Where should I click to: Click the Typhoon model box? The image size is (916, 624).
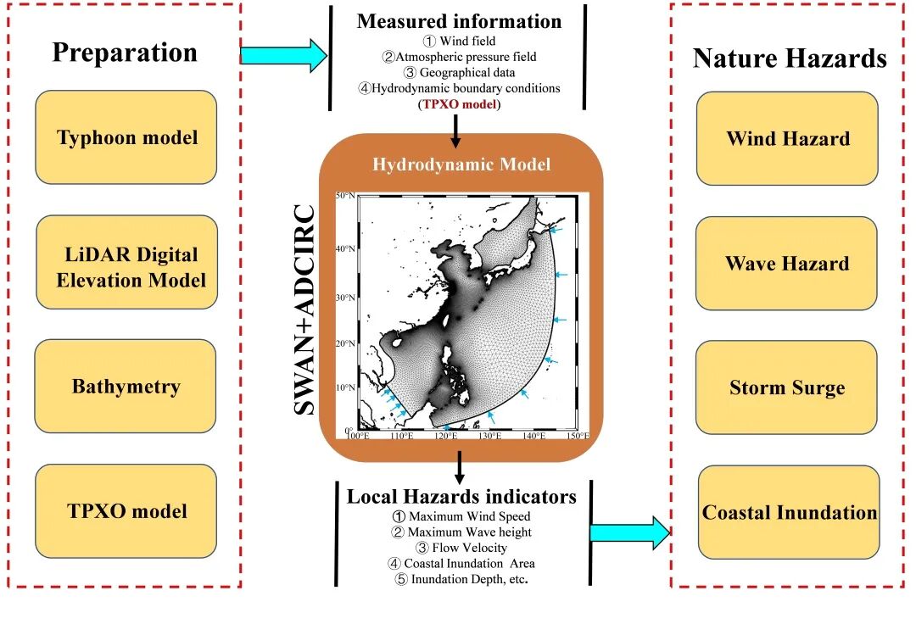[126, 137]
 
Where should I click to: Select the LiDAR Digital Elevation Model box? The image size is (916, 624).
[126, 262]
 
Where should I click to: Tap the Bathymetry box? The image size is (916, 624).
[126, 387]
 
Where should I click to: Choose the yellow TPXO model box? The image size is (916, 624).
[126, 511]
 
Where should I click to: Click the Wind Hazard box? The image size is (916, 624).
[787, 138]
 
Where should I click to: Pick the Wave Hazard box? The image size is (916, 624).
[787, 263]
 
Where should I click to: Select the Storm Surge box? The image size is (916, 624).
[787, 387]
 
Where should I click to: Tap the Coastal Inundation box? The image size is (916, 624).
[789, 512]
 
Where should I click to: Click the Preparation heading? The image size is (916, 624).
[125, 53]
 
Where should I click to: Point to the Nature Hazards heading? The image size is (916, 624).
[790, 58]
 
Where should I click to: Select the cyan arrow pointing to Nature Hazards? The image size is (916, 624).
[630, 532]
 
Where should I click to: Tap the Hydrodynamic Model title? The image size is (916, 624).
[461, 164]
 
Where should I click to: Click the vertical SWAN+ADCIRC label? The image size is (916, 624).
[306, 309]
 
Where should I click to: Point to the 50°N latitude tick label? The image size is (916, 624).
[345, 196]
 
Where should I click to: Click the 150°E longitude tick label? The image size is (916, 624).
[578, 436]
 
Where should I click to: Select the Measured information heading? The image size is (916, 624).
[459, 21]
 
